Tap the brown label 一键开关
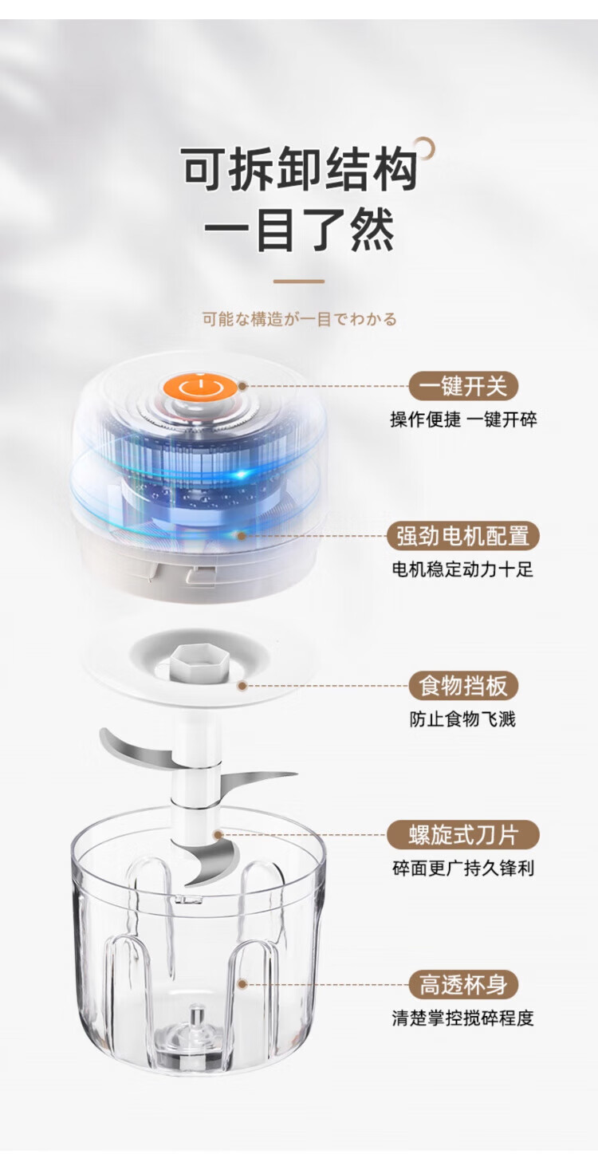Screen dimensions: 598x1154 463,386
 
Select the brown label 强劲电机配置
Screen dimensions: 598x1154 462,536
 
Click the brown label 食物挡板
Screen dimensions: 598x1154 463,686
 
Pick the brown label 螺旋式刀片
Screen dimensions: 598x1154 462,835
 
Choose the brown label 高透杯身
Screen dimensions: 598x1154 463,984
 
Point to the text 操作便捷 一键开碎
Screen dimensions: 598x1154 463,419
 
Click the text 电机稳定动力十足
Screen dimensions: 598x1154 462,569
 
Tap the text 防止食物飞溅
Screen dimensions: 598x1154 462,719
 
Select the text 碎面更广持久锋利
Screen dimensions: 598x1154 462,868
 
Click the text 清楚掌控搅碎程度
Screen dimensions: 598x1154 462,1018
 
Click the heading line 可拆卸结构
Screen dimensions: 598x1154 300,168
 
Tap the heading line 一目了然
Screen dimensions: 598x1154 300,230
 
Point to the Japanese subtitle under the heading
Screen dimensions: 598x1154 299,320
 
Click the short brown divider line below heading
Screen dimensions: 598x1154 299,282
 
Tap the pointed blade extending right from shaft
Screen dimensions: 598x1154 258,780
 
